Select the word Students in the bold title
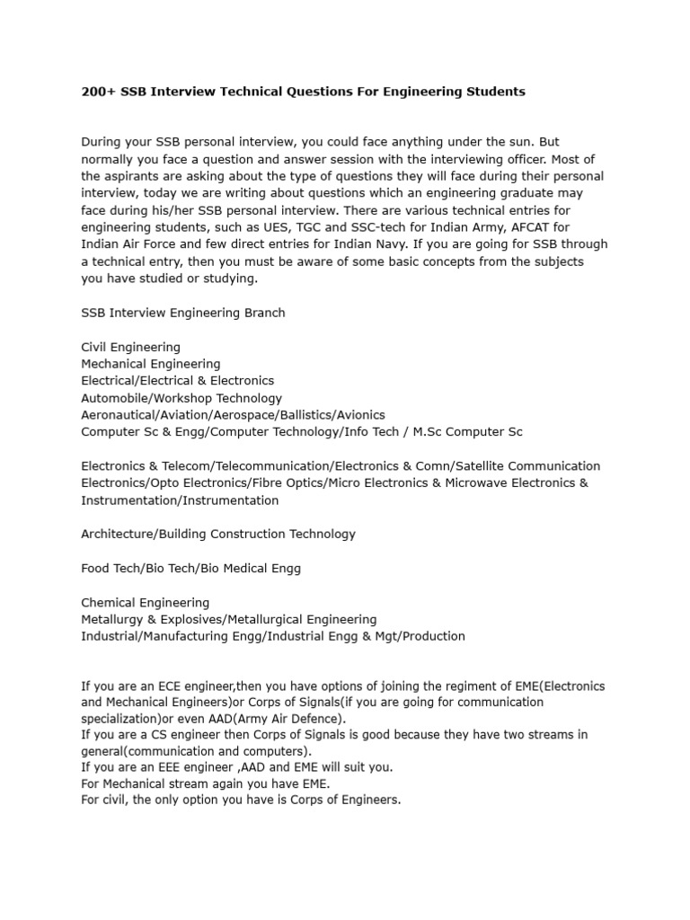[x=491, y=92]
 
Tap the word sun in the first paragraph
[x=513, y=142]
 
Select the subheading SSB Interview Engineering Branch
[x=183, y=313]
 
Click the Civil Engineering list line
[x=130, y=347]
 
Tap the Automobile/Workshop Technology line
[x=181, y=398]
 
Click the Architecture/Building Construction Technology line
[x=218, y=534]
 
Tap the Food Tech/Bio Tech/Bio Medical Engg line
[x=190, y=568]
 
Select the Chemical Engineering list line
[x=145, y=602]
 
